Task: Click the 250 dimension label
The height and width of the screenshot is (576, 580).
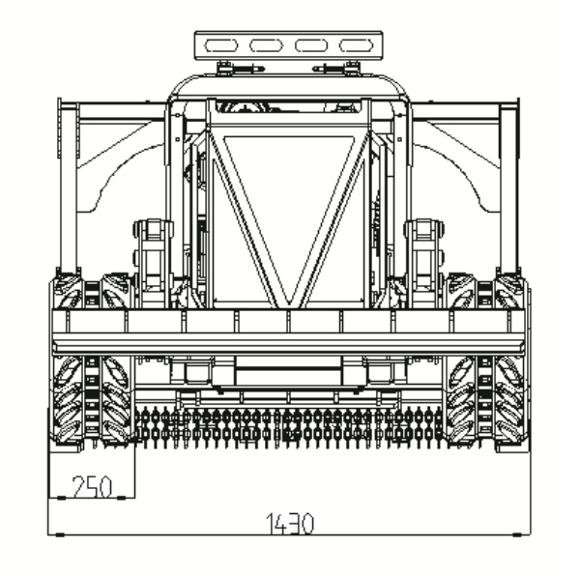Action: click(x=92, y=486)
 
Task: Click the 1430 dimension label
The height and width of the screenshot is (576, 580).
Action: click(x=290, y=524)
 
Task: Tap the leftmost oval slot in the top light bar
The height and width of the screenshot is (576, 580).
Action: click(x=220, y=45)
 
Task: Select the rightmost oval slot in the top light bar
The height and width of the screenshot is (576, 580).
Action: click(x=357, y=45)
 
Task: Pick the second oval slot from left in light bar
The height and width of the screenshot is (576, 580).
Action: click(x=266, y=45)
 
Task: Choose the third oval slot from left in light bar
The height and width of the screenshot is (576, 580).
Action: click(x=311, y=45)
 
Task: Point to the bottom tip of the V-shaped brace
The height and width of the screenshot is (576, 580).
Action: click(x=289, y=305)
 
